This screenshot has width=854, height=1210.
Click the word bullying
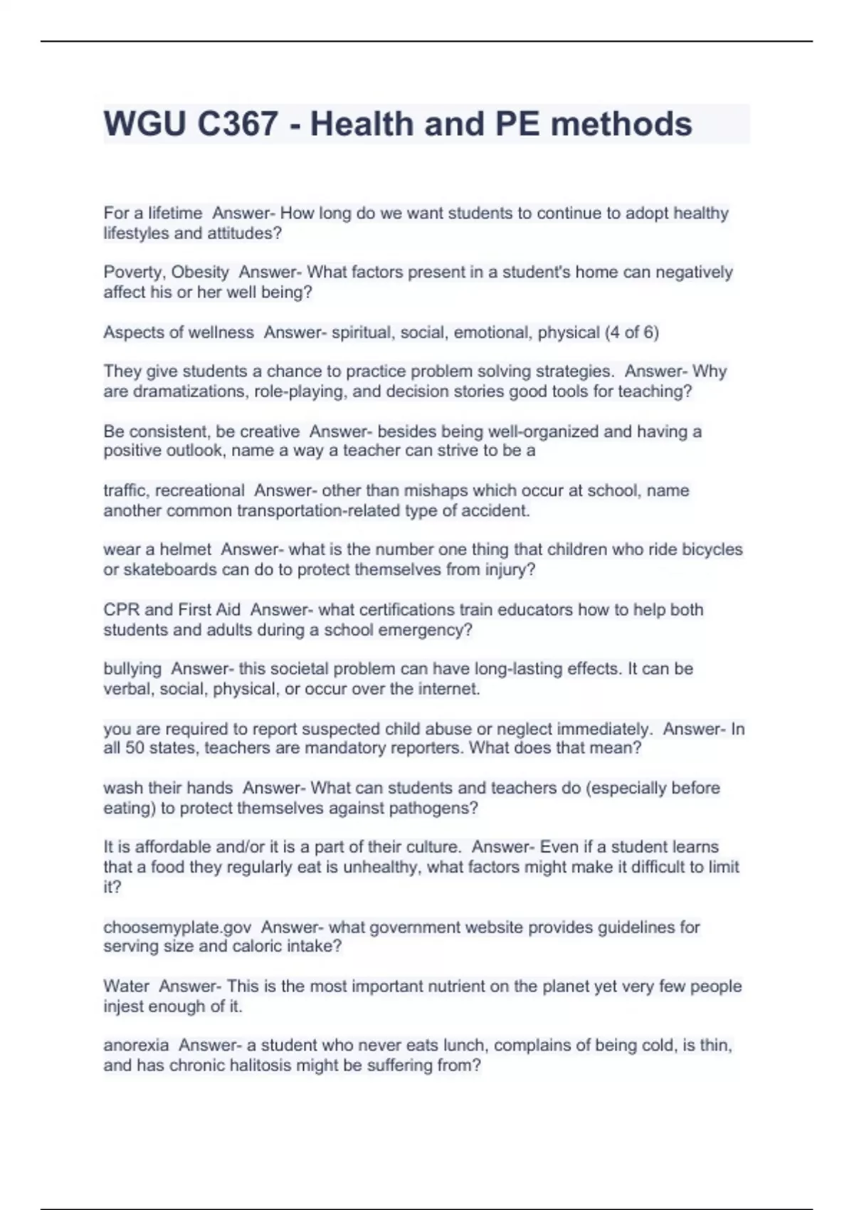[x=132, y=669]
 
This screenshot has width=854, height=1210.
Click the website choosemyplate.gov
[x=177, y=927]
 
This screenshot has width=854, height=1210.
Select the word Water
[x=126, y=987]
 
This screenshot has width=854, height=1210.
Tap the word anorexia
[x=136, y=1046]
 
